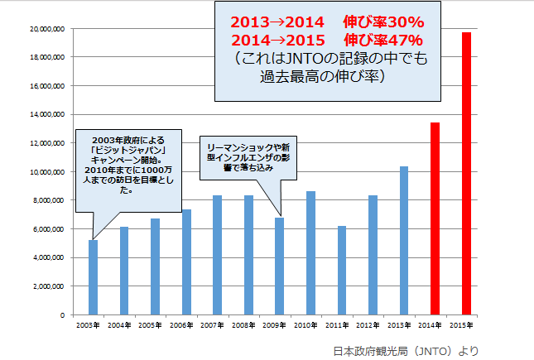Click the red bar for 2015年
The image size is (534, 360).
pos(466,174)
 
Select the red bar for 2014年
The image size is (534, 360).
pos(435,218)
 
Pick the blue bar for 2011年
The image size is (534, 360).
pos(341,270)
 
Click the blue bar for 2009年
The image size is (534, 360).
pos(279,266)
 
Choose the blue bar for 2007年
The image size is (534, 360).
pos(217,255)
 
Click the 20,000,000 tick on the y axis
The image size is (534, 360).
pos(47,28)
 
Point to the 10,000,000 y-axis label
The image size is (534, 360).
pos(47,172)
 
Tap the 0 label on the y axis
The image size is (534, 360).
pos(61,315)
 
